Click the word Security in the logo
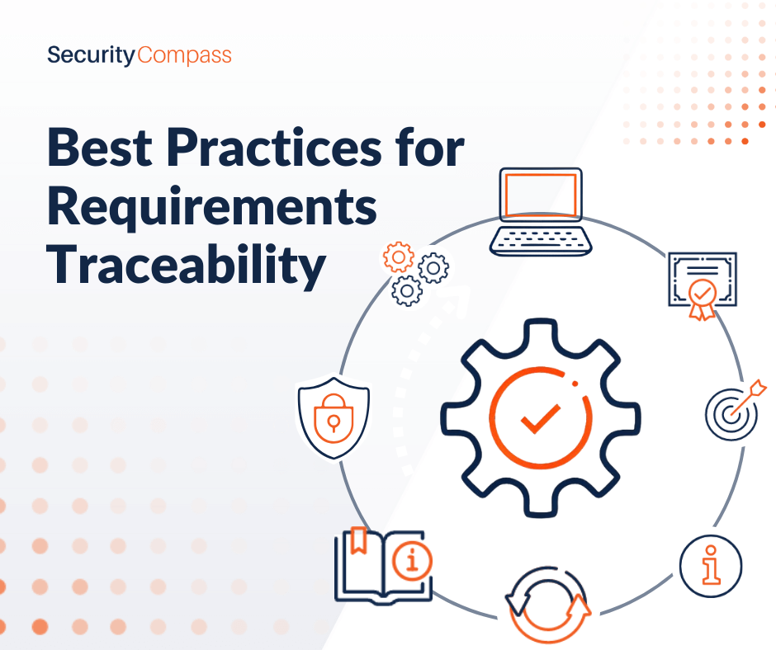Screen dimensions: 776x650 (x=91, y=55)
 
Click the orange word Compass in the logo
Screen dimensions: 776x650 (x=185, y=55)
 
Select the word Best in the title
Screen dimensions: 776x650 (x=100, y=148)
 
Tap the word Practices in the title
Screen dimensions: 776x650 (x=274, y=148)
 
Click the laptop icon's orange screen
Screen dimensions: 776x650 (x=541, y=195)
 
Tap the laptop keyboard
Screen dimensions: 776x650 (x=541, y=240)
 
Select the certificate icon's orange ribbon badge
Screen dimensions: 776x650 (x=703, y=299)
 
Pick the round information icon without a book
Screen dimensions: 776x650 (x=711, y=566)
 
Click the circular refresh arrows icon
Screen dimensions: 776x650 (x=548, y=605)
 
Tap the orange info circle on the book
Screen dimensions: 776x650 (x=412, y=561)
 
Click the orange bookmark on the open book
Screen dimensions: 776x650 (x=358, y=540)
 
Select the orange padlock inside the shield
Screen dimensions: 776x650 (x=334, y=418)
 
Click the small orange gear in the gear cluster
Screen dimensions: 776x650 (x=399, y=257)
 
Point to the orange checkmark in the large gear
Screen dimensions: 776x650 (x=541, y=418)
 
